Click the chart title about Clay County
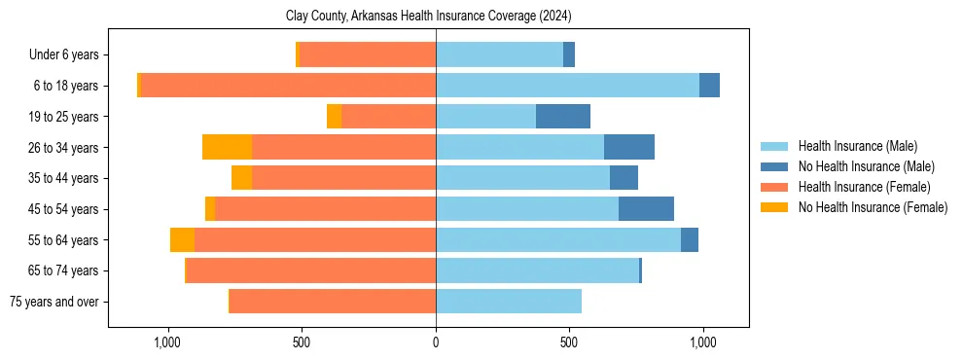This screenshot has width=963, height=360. pos(428,17)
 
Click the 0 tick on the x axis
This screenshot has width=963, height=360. pos(436,342)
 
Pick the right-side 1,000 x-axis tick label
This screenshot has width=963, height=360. pos(702,342)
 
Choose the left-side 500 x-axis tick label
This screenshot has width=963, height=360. pos(302,342)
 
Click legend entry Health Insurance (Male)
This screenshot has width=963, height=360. pos(857,146)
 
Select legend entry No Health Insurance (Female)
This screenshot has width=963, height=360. pos(873,207)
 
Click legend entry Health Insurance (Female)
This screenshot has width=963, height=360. pos(864,187)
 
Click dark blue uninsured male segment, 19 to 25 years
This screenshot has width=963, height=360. pos(563,117)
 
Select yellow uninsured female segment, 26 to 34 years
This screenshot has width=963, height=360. pos(227,147)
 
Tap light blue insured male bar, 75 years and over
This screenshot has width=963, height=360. pos(509,302)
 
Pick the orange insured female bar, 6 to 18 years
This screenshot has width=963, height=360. pos(288,86)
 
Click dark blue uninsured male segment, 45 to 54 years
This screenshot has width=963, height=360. pos(646,209)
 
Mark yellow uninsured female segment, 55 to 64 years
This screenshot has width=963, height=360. pos(182,240)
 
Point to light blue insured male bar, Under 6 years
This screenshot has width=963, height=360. pos(499,54)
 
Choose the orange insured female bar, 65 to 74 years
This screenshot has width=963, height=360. pos(310,270)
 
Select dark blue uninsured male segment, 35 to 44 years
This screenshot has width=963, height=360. pos(624,178)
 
